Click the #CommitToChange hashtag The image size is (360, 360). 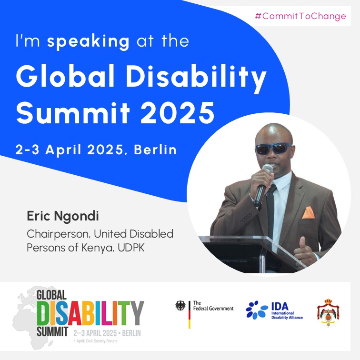tap(300, 16)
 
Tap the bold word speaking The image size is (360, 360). tap(88, 41)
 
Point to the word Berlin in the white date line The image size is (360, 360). tap(155, 150)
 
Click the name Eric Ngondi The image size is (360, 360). tap(63, 217)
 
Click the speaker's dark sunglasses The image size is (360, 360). tap(273, 148)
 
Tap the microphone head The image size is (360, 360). tap(268, 170)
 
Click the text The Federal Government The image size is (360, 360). tap(213, 306)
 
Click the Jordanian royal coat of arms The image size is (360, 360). tap(329, 312)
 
